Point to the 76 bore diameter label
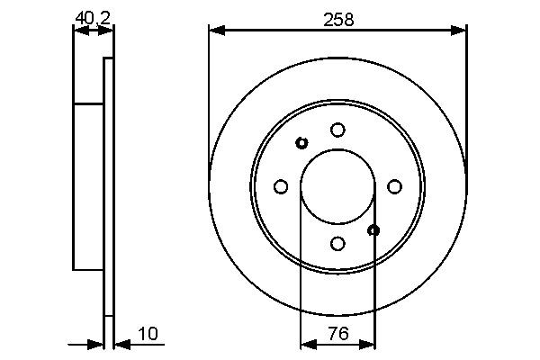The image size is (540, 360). click(x=337, y=334)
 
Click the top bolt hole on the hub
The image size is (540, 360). click(x=337, y=130)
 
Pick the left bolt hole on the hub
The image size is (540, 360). click(x=281, y=186)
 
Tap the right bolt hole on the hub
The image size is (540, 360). click(x=394, y=186)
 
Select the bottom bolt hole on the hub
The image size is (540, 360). click(x=337, y=243)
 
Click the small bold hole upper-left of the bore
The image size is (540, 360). click(x=301, y=143)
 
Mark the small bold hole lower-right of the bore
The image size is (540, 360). click(x=374, y=230)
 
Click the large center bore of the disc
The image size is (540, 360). click(x=337, y=186)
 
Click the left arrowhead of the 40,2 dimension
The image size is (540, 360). click(x=79, y=31)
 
